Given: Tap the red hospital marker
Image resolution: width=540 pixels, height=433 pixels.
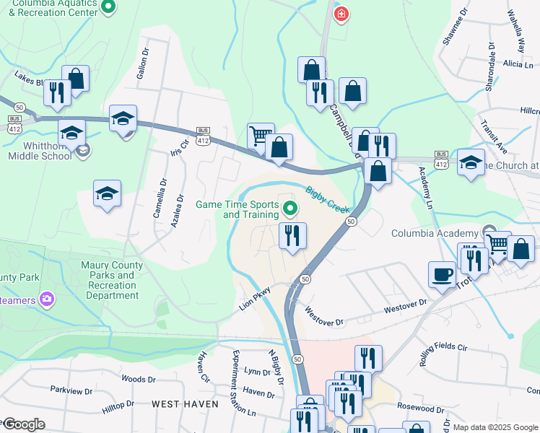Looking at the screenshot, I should pyautogui.click(x=341, y=13).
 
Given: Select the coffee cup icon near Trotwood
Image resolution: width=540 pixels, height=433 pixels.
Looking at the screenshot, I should pyautogui.click(x=441, y=274).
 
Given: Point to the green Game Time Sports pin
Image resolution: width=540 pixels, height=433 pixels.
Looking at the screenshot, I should pyautogui.click(x=291, y=209).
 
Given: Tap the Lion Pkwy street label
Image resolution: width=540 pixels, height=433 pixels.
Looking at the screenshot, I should pyautogui.click(x=256, y=299).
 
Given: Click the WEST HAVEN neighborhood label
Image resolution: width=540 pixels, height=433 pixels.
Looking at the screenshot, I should pyautogui.click(x=184, y=404).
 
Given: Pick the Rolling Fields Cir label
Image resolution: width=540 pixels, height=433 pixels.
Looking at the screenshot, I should pyautogui.click(x=448, y=347).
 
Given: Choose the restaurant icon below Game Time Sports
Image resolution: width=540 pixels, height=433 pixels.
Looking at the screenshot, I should pyautogui.click(x=292, y=235).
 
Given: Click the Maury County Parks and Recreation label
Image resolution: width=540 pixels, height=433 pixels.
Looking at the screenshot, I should pyautogui.click(x=111, y=280).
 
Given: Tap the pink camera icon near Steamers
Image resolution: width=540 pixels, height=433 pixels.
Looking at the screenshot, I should pyautogui.click(x=47, y=298).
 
